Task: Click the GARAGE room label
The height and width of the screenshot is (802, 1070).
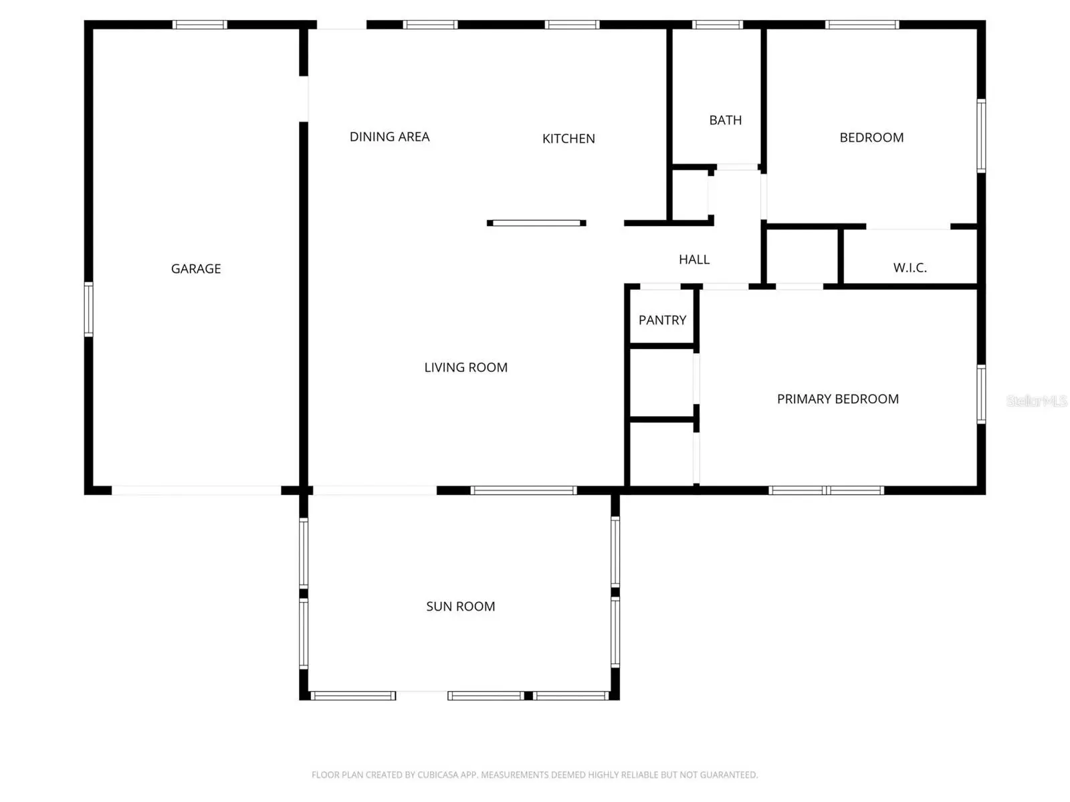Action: (195, 268)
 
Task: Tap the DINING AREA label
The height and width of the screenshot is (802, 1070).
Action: (389, 136)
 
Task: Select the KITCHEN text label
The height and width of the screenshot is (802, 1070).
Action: (568, 138)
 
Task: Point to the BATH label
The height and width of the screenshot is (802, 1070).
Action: (725, 120)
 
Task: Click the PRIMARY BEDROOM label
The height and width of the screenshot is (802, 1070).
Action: (837, 399)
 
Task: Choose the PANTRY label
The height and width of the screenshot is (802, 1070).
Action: (662, 320)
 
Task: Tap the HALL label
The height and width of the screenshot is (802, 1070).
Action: (693, 260)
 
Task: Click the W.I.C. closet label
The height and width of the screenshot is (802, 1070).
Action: (909, 268)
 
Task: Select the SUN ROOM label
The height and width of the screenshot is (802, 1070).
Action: (460, 606)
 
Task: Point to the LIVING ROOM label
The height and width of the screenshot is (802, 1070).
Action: (465, 367)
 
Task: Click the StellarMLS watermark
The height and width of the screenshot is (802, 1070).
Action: (1036, 401)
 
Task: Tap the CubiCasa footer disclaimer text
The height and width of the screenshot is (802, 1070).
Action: (534, 775)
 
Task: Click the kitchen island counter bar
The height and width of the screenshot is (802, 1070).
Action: (536, 223)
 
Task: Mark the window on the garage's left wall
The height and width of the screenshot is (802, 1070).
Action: (89, 309)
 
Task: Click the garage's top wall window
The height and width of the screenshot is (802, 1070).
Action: (199, 25)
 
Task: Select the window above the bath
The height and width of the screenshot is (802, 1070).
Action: (717, 25)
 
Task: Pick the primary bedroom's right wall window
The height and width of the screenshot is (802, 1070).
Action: (981, 394)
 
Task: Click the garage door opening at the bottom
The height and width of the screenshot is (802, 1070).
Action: (197, 490)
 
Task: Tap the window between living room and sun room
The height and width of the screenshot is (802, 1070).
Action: (524, 490)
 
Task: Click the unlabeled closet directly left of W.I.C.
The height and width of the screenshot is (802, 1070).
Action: (802, 256)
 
